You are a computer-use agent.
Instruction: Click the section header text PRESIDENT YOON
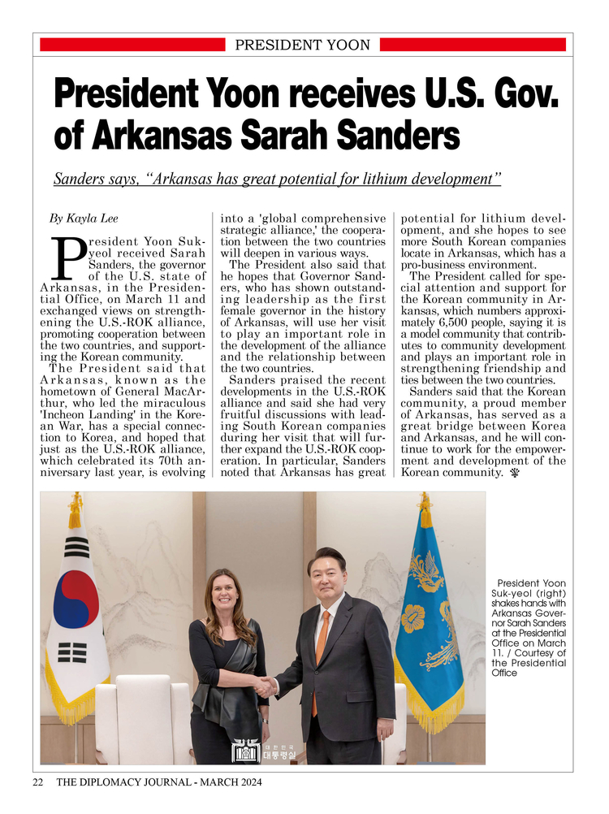302,45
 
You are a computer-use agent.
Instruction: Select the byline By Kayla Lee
84,219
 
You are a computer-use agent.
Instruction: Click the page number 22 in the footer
38,783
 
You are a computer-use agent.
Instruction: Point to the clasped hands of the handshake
264,687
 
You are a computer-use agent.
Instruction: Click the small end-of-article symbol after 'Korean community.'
515,473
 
